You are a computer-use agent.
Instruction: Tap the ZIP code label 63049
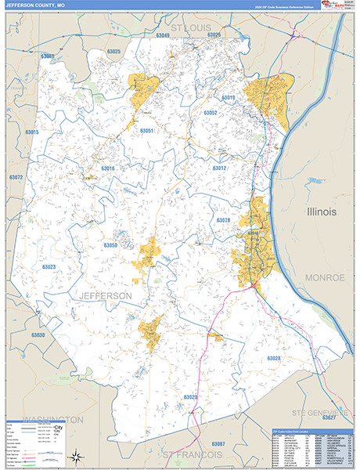[163, 35]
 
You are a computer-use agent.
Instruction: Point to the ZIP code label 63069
[47, 56]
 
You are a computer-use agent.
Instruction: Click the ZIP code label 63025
[113, 52]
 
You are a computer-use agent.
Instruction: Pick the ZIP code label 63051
[146, 130]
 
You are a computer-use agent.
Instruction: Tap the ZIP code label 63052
[211, 113]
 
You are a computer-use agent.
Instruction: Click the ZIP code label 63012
[219, 168]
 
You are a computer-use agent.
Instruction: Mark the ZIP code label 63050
[110, 245]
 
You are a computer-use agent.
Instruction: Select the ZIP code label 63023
[49, 267]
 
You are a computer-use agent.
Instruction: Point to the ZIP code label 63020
[190, 397]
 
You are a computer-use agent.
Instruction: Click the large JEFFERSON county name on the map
[104, 295]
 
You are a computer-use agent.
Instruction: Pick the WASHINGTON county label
[52, 420]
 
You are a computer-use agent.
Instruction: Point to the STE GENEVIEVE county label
[319, 411]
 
